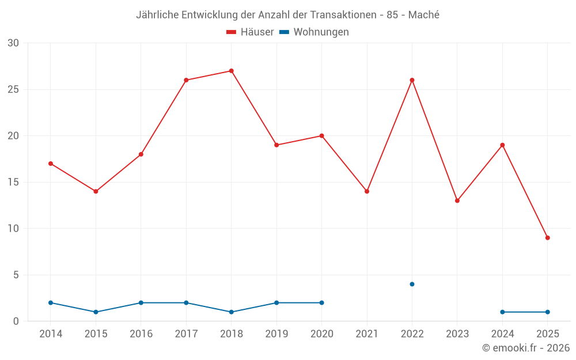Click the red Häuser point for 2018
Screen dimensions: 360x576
pyautogui.click(x=231, y=71)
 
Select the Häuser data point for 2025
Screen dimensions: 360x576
pyautogui.click(x=547, y=238)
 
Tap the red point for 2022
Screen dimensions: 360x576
pyautogui.click(x=412, y=80)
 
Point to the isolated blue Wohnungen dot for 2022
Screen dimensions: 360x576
pyautogui.click(x=412, y=284)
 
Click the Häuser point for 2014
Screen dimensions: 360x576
pyautogui.click(x=51, y=164)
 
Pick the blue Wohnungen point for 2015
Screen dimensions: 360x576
pyautogui.click(x=96, y=312)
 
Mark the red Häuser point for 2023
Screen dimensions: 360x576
pyautogui.click(x=457, y=200)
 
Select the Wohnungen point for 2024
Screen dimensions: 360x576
pyautogui.click(x=502, y=312)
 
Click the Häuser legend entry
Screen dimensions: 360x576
pyautogui.click(x=251, y=32)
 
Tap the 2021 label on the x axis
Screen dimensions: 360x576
pyautogui.click(x=367, y=334)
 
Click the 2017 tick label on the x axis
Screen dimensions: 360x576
pyautogui.click(x=186, y=334)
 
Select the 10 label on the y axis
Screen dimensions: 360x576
pyautogui.click(x=13, y=229)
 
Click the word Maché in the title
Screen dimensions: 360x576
pyautogui.click(x=423, y=15)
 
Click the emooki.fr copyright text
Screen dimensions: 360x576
pyautogui.click(x=526, y=348)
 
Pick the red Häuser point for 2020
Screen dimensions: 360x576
pyautogui.click(x=321, y=136)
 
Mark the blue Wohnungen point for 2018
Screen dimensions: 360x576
pyautogui.click(x=231, y=312)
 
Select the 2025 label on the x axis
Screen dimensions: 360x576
pyautogui.click(x=547, y=334)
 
